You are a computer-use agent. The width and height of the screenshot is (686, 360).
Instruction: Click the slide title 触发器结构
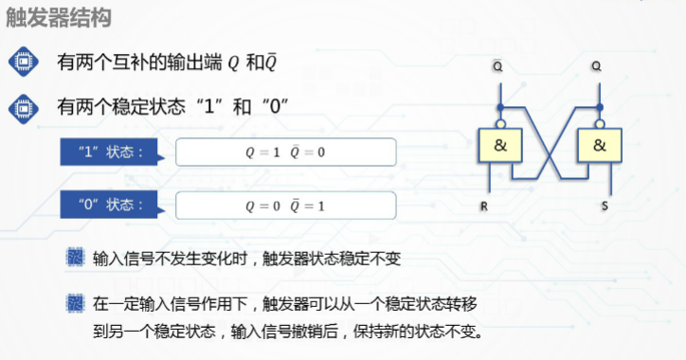[x=58, y=19]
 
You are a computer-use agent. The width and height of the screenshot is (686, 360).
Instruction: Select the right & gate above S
[x=599, y=145]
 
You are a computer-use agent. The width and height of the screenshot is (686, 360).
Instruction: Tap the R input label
[x=486, y=204]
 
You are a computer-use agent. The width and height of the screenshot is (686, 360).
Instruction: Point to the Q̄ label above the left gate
[x=498, y=67]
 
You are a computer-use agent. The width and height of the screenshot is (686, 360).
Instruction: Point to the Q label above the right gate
[x=597, y=67]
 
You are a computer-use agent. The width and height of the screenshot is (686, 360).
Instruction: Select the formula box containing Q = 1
[x=285, y=152]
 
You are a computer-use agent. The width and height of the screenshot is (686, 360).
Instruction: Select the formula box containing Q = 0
[x=285, y=205]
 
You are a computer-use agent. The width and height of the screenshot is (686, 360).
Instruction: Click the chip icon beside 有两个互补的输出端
[x=23, y=62]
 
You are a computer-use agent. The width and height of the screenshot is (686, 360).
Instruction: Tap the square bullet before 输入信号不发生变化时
[x=76, y=258]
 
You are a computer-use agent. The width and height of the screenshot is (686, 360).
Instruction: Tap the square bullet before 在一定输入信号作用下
[x=76, y=304]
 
